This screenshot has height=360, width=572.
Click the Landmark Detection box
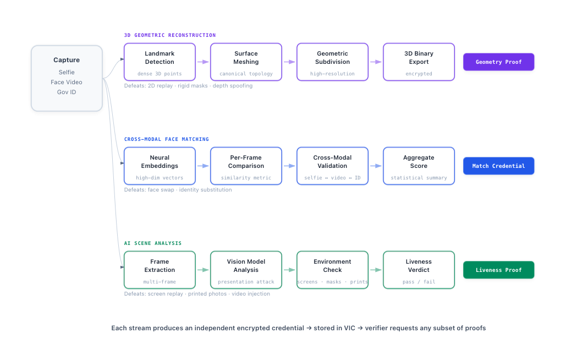coord(159,62)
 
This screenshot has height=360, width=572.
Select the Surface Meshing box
coord(246,62)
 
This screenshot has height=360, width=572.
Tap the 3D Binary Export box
coord(419,62)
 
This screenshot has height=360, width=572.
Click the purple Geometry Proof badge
coord(498,62)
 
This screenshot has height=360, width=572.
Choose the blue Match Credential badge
coord(498,166)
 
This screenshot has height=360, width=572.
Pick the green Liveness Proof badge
coord(498,270)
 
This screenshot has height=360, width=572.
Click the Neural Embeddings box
coord(159,166)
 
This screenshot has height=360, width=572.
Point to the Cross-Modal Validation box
coord(332,166)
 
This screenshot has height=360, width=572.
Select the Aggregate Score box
coord(419,166)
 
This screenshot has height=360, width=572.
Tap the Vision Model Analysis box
coord(246,270)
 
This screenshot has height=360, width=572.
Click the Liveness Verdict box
coord(419,270)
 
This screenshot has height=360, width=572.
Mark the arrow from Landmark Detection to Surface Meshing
coord(203,62)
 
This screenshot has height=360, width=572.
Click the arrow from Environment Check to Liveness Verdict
coord(376,270)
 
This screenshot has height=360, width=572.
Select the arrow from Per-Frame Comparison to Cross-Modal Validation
coord(289,166)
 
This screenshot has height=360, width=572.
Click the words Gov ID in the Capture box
coord(67,92)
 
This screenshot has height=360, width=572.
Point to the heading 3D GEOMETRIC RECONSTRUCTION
coord(170,35)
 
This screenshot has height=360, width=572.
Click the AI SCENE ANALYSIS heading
coord(153,243)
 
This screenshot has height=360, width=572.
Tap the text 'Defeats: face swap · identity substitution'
coord(178,190)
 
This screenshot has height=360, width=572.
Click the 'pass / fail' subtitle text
coord(419,282)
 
